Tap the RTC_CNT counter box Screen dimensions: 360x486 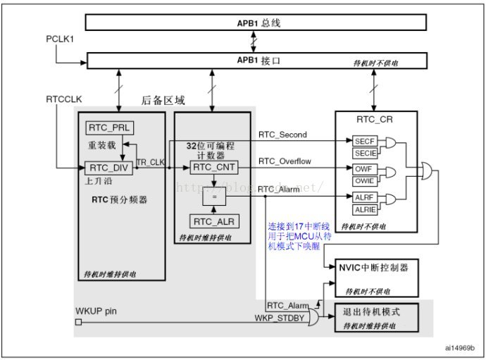tap(213, 168)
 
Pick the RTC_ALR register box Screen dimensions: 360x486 tap(213, 222)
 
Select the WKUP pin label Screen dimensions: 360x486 tap(96, 311)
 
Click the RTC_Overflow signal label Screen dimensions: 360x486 tap(285, 161)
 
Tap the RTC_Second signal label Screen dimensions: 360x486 tap(282, 134)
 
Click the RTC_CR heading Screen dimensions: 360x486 tap(375, 120)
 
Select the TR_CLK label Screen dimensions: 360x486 tap(149, 162)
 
